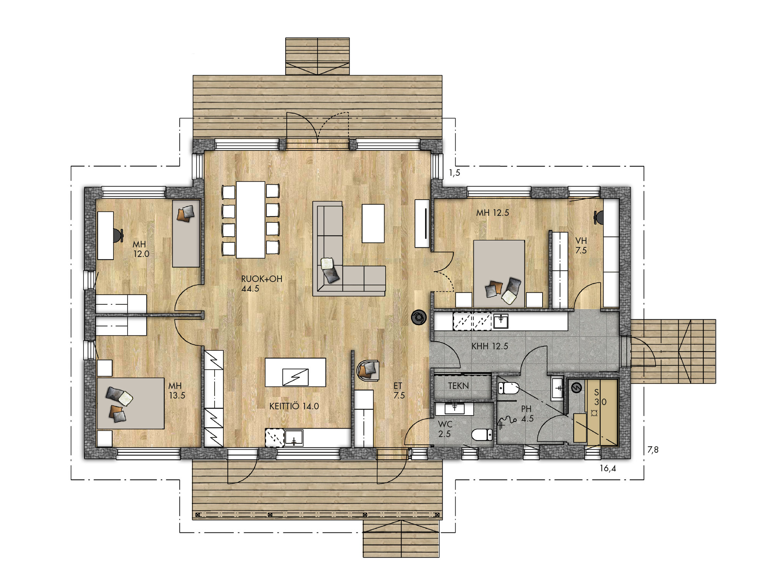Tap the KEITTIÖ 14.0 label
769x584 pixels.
pos(294,406)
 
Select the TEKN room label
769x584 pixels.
pos(458,385)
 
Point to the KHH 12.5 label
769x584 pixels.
pos(490,346)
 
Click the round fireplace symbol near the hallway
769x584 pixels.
pos(419,317)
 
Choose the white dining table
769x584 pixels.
pos(251,220)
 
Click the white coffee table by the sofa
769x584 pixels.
pos(373,224)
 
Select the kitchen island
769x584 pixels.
pos(295,372)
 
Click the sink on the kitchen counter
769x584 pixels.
pos(294,438)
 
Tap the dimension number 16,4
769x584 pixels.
pos(608,469)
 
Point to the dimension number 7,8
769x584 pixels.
pos(653,449)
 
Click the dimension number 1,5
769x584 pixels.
pos(454,173)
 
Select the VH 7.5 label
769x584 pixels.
pos(581,245)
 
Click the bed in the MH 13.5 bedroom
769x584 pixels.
pos(131,403)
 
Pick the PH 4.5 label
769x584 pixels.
pos(527,414)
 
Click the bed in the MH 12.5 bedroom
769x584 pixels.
pos(499,274)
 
